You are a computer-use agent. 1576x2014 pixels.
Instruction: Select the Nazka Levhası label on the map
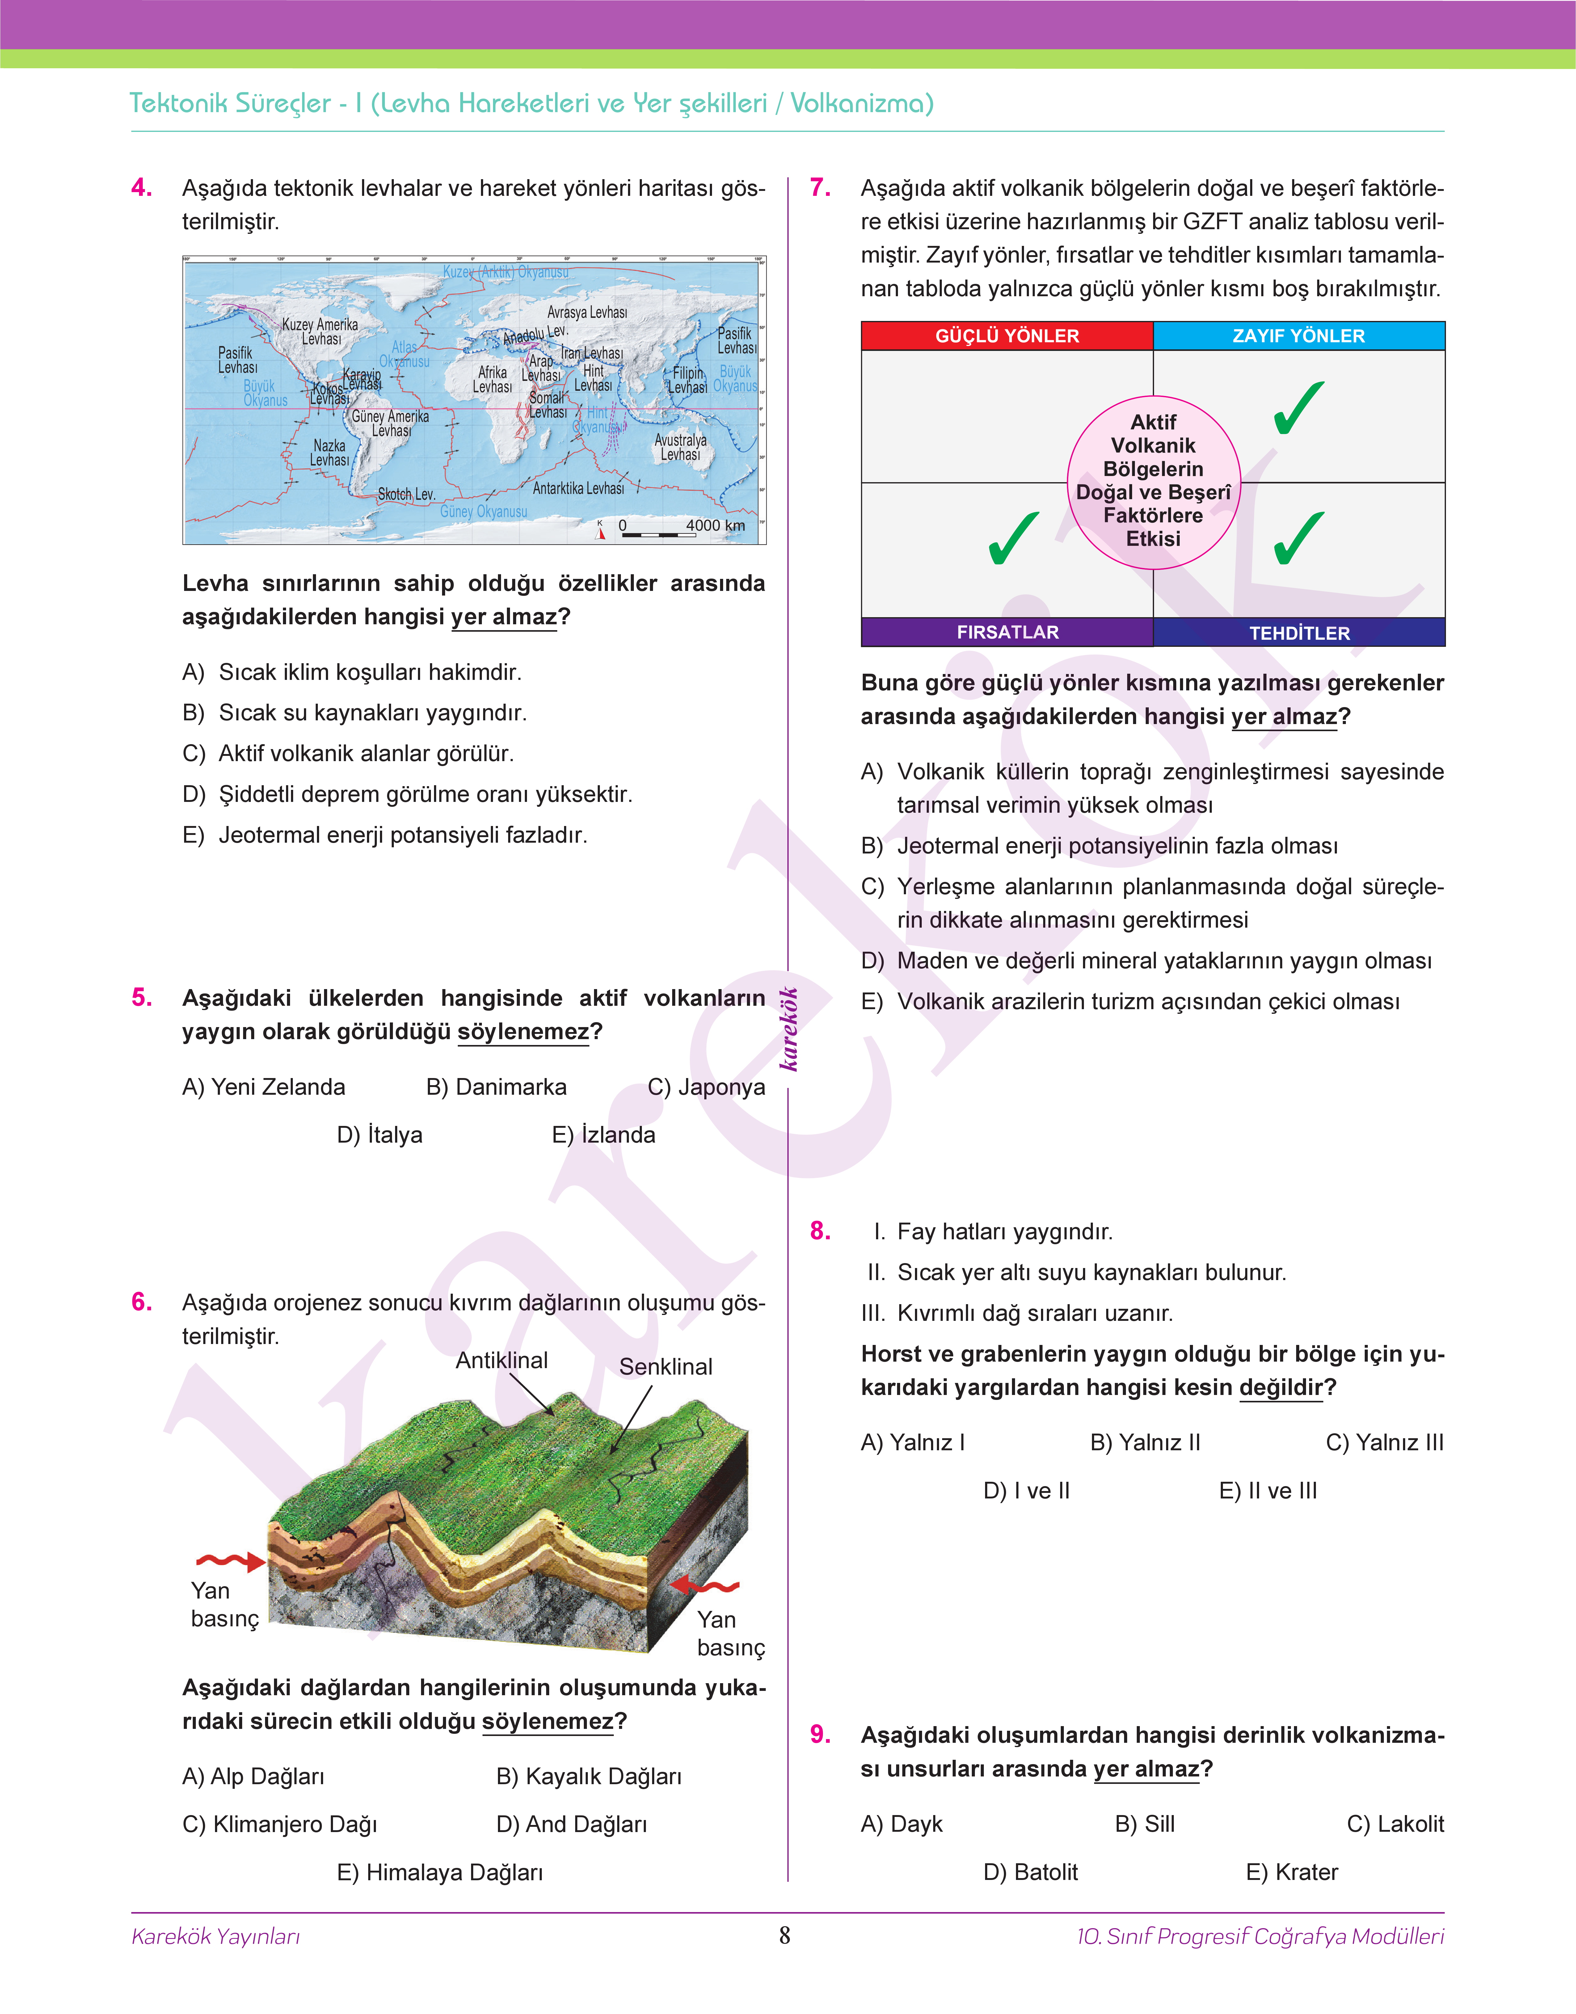pyautogui.click(x=329, y=453)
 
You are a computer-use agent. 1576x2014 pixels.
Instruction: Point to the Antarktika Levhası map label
pyautogui.click(x=579, y=488)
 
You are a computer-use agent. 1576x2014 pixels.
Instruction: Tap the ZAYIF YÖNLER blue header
pyautogui.click(x=1298, y=336)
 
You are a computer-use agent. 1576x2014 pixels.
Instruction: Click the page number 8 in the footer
pyautogui.click(x=784, y=1936)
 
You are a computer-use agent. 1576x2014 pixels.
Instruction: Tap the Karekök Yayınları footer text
pyautogui.click(x=216, y=1936)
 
